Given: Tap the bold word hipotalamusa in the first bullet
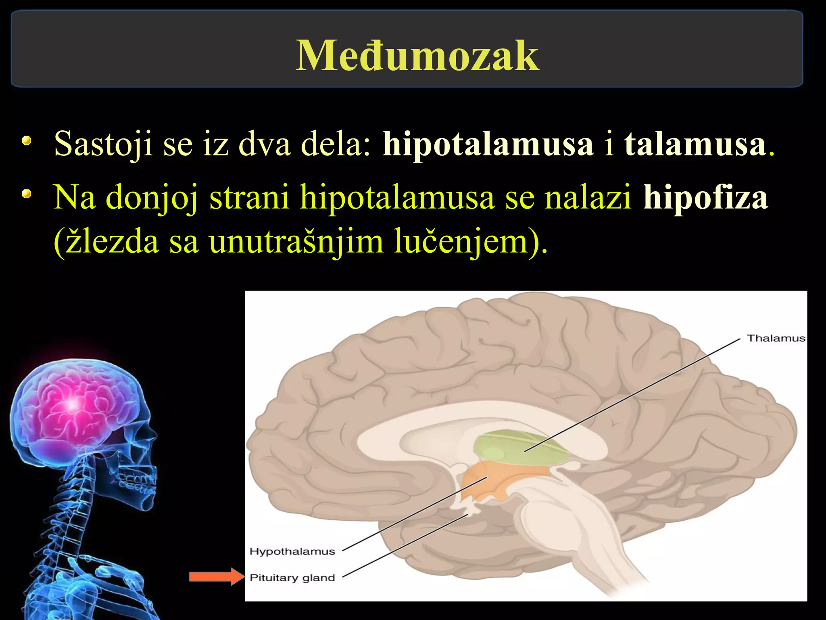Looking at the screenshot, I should click(488, 144).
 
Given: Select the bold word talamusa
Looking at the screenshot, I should click(695, 144).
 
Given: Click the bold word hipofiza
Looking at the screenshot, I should click(705, 197).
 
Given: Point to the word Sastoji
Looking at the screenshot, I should click(103, 144).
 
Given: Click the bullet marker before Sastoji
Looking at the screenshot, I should click(27, 141).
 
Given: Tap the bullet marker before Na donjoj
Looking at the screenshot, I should click(27, 195).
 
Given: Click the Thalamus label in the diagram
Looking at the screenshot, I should click(776, 338).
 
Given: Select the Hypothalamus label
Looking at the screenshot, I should click(292, 551).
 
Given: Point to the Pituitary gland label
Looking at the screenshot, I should click(292, 578).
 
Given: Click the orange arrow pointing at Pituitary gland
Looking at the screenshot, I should click(216, 576).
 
